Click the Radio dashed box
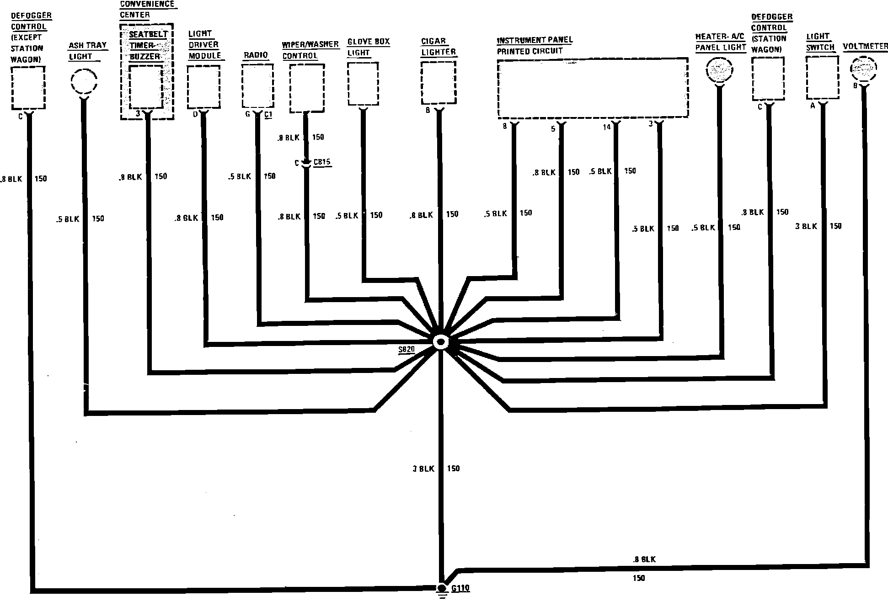pyautogui.click(x=257, y=86)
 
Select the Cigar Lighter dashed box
pyautogui.click(x=438, y=83)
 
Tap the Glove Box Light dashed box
pyautogui.click(x=363, y=83)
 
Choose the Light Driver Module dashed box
pyautogui.click(x=203, y=86)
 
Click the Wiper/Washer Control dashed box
pyautogui.click(x=307, y=88)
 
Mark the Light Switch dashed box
pyautogui.click(x=822, y=77)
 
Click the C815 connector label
pyautogui.click(x=322, y=162)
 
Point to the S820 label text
pyautogui.click(x=406, y=350)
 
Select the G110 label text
pyautogui.click(x=460, y=588)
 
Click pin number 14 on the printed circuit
pyautogui.click(x=607, y=127)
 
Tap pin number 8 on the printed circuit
pyautogui.click(x=505, y=127)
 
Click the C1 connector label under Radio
pyautogui.click(x=268, y=115)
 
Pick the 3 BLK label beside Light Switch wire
pyautogui.click(x=806, y=226)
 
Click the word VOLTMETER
pyautogui.click(x=865, y=47)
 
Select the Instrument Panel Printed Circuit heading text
pyautogui.click(x=535, y=46)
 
